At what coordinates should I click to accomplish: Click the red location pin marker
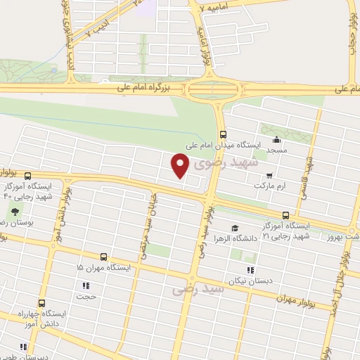[181, 166]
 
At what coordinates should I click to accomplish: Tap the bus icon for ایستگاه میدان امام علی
[223, 134]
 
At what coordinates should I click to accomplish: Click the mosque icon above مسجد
[276, 139]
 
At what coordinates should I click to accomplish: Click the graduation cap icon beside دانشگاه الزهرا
[234, 228]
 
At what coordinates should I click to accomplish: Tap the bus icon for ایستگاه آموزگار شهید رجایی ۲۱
[285, 215]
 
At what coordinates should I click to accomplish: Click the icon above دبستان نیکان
[250, 269]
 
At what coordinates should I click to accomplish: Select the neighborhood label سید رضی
[198, 288]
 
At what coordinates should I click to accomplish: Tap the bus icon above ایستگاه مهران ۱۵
[103, 257]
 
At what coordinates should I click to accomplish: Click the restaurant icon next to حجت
[86, 286]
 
